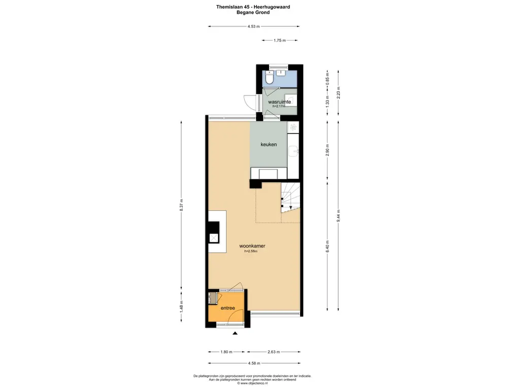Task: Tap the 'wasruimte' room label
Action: (279, 102)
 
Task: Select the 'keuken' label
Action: (269, 145)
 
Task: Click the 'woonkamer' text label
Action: (252, 246)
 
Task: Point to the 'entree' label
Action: (227, 308)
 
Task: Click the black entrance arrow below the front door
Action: (235, 333)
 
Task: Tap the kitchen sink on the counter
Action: (293, 151)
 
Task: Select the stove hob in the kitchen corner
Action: (293, 127)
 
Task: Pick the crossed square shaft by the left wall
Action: (214, 238)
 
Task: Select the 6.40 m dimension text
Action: (328, 247)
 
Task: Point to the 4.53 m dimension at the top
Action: (253, 26)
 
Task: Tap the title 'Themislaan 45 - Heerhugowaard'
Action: (253, 7)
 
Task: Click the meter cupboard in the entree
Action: (213, 298)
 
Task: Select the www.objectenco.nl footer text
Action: (253, 383)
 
